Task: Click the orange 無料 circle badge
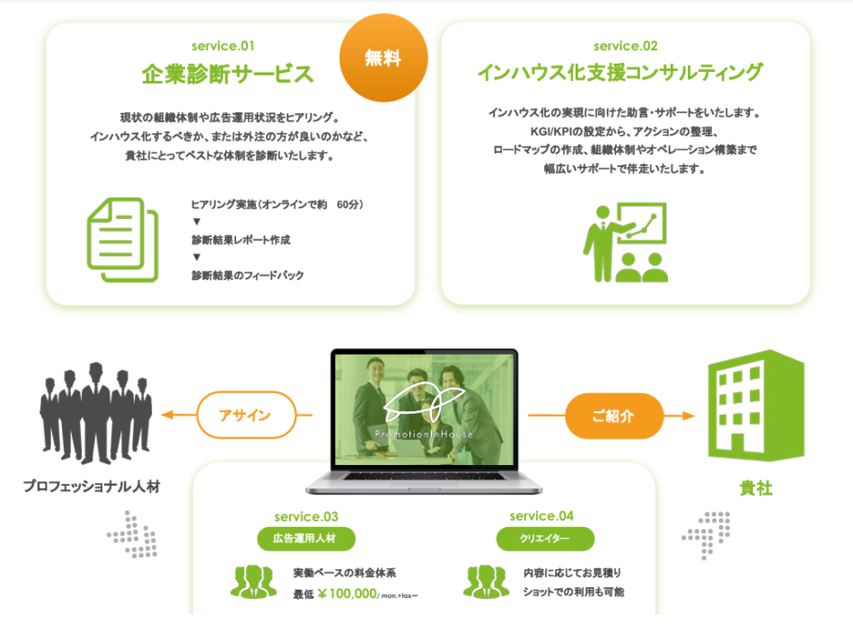pyautogui.click(x=383, y=57)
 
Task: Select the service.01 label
pyautogui.click(x=223, y=47)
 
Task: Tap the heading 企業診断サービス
pyautogui.click(x=227, y=74)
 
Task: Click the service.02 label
pyautogui.click(x=626, y=47)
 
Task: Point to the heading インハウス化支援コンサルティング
pyautogui.click(x=620, y=73)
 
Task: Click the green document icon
pyautogui.click(x=123, y=240)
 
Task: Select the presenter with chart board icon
pyautogui.click(x=626, y=242)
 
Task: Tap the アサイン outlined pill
pyautogui.click(x=246, y=415)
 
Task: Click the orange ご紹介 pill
pyautogui.click(x=614, y=417)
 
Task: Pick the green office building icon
pyautogui.click(x=756, y=406)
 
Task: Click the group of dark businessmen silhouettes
pyautogui.click(x=96, y=413)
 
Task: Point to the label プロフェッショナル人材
pyautogui.click(x=92, y=487)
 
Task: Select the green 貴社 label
pyautogui.click(x=756, y=488)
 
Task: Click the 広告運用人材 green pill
pyautogui.click(x=305, y=539)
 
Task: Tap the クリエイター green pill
pyautogui.click(x=545, y=539)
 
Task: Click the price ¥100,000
pyautogui.click(x=347, y=593)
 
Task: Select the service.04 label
pyautogui.click(x=541, y=516)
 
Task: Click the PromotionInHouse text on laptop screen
pyautogui.click(x=424, y=435)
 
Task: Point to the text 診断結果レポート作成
pyautogui.click(x=241, y=240)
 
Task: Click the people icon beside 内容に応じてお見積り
pyautogui.click(x=487, y=581)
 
